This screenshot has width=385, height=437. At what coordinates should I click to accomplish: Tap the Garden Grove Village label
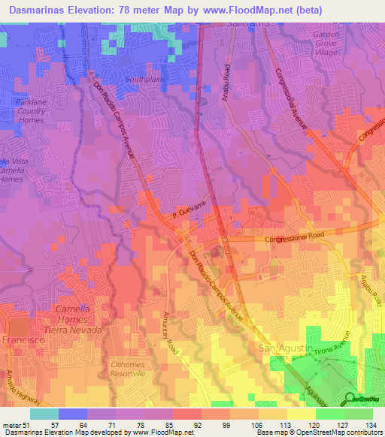point(334,44)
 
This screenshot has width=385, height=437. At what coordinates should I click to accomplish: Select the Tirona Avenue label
point(328,346)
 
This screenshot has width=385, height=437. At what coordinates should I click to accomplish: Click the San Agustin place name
point(283,348)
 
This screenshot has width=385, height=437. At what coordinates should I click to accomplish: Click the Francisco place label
point(23,340)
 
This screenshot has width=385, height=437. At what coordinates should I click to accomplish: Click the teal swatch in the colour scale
point(44,414)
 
